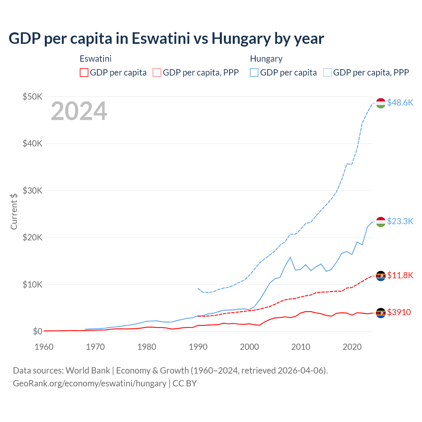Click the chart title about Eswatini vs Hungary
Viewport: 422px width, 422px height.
point(166,39)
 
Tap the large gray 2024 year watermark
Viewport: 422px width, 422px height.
point(79,111)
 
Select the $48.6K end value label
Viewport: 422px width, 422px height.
point(400,103)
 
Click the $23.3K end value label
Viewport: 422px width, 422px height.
point(400,221)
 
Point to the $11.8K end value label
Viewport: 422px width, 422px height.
point(400,275)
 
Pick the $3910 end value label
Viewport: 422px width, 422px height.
point(399,312)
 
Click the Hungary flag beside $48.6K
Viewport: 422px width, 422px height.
point(381,103)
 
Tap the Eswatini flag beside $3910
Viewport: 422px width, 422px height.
point(381,313)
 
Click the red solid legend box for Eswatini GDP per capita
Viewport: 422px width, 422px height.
point(84,73)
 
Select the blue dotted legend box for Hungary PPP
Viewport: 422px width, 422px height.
point(327,73)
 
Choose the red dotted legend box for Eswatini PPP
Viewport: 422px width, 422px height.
point(157,73)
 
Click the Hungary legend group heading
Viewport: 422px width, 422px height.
point(266,59)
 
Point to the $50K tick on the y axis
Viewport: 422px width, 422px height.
point(32,97)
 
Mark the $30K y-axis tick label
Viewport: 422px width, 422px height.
point(32,191)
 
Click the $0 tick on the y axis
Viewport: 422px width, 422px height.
point(37,331)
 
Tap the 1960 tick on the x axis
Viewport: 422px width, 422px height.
point(44,347)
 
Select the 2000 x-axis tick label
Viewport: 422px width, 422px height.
point(249,347)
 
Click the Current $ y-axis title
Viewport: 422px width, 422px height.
point(14,211)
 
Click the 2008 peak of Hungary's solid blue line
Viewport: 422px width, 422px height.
point(290,257)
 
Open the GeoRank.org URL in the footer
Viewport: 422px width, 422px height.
point(90,383)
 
